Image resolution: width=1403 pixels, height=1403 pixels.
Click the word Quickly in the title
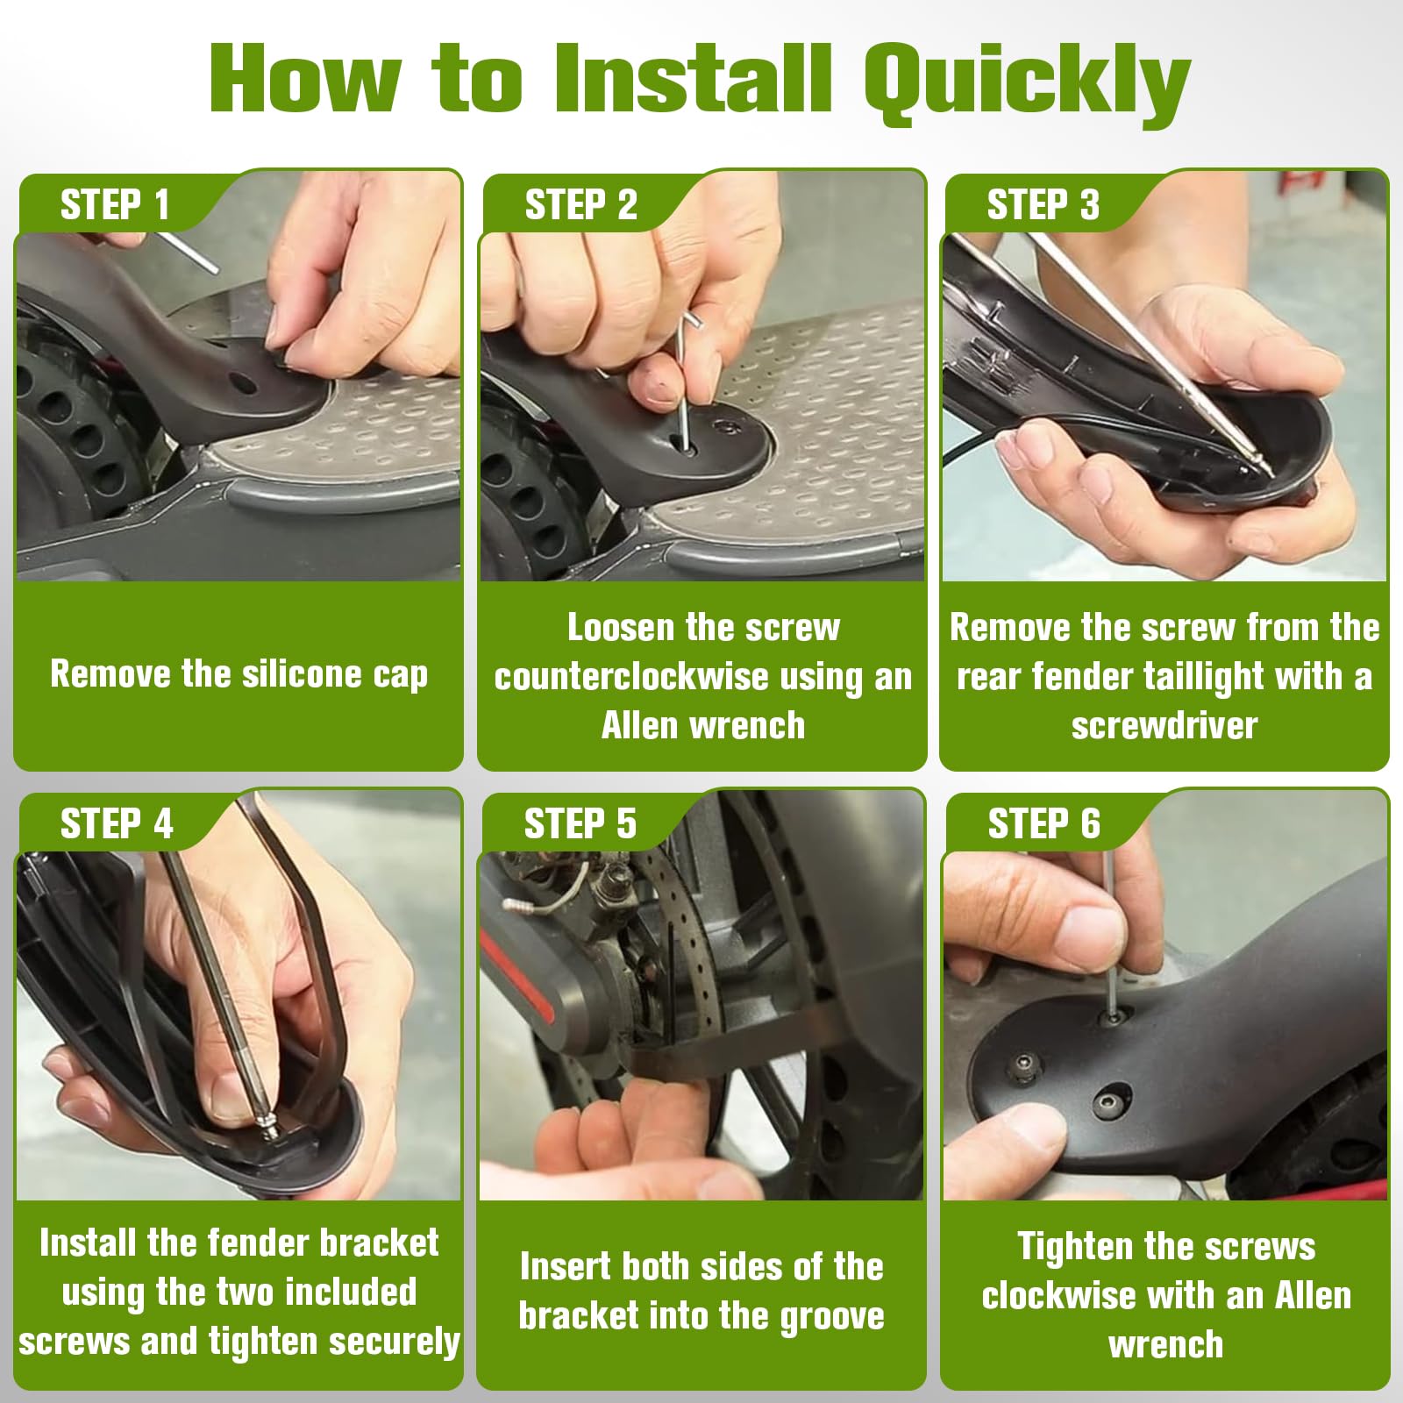[1026, 81]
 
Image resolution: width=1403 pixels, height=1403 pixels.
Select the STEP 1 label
[115, 205]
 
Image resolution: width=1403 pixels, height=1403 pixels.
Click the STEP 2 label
[580, 205]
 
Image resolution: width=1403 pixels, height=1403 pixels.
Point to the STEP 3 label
[1043, 205]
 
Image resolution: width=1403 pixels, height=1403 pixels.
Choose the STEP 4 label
[117, 824]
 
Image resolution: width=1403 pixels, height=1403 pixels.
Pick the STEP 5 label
[580, 824]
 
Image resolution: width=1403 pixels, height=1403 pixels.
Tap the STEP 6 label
[1043, 824]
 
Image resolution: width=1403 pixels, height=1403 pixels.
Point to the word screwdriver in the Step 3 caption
[1164, 725]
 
